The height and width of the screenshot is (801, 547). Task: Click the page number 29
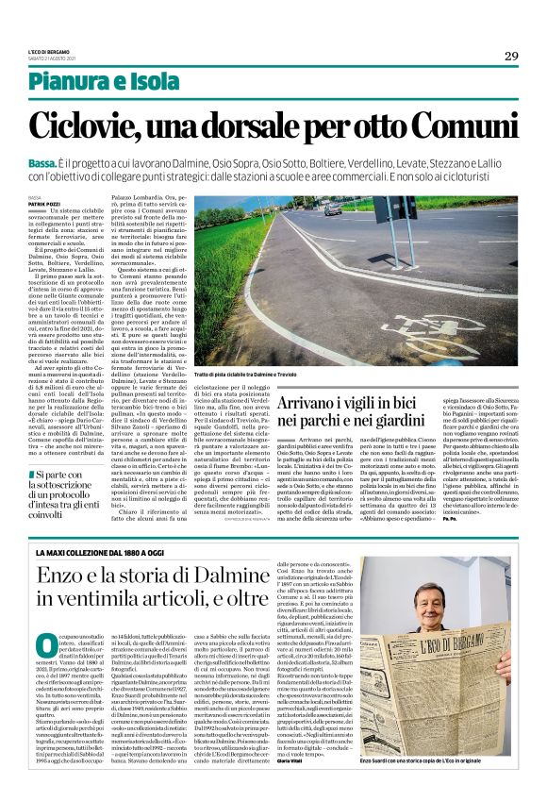point(510,56)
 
